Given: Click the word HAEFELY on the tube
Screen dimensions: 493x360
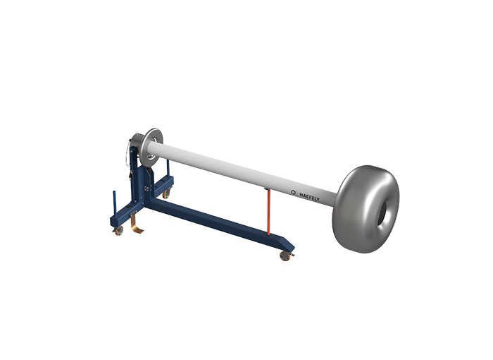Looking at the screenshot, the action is point(309,197).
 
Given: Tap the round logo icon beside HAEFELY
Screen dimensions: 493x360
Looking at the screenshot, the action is point(294,192).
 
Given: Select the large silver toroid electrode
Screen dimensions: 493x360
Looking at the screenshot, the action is point(366,209).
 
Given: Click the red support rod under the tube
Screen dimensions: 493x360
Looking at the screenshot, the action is point(268,212).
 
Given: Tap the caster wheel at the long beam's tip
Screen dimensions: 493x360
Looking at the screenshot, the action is point(285,256).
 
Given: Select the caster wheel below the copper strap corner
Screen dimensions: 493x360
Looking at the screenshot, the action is point(119,231).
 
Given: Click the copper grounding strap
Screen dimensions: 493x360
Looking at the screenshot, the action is point(135,223).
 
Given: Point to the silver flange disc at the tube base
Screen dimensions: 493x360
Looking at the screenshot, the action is point(151,148).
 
